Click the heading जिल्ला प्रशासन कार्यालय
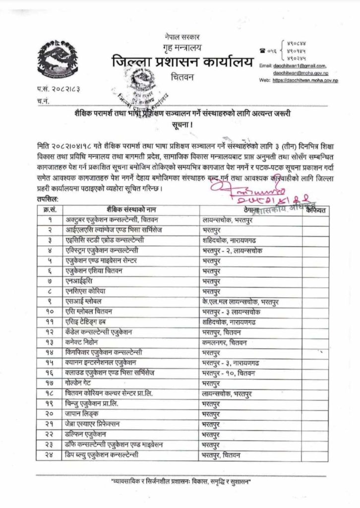(x=182, y=63)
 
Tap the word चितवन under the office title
(x=180, y=78)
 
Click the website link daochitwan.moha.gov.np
(x=304, y=80)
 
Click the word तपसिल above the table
(x=46, y=198)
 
